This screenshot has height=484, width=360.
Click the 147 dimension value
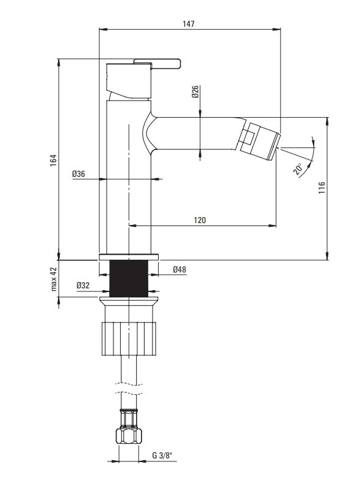pyautogui.click(x=188, y=24)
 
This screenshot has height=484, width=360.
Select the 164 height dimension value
pyautogui.click(x=54, y=160)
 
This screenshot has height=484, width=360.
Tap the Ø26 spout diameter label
pyautogui.click(x=195, y=91)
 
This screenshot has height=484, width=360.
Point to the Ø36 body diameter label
pyautogui.click(x=79, y=174)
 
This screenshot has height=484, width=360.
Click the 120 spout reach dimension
pyautogui.click(x=200, y=220)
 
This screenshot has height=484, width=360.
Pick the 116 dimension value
pyautogui.click(x=322, y=188)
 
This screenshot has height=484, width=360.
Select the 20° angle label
pyautogui.click(x=298, y=169)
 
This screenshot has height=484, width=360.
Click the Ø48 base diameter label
pyautogui.click(x=179, y=269)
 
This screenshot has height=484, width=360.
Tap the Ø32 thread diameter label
pyautogui.click(x=83, y=285)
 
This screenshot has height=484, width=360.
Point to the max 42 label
pyautogui.click(x=54, y=279)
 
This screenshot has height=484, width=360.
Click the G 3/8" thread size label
pyautogui.click(x=162, y=455)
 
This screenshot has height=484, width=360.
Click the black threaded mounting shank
pyautogui.click(x=129, y=279)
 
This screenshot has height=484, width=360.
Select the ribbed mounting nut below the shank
pyautogui.click(x=129, y=338)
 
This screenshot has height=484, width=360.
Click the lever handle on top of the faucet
pyautogui.click(x=157, y=63)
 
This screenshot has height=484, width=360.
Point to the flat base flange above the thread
pyautogui.click(x=129, y=257)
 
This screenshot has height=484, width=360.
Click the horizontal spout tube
pyautogui.click(x=195, y=133)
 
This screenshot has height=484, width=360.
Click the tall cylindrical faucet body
pyautogui.click(x=129, y=177)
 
